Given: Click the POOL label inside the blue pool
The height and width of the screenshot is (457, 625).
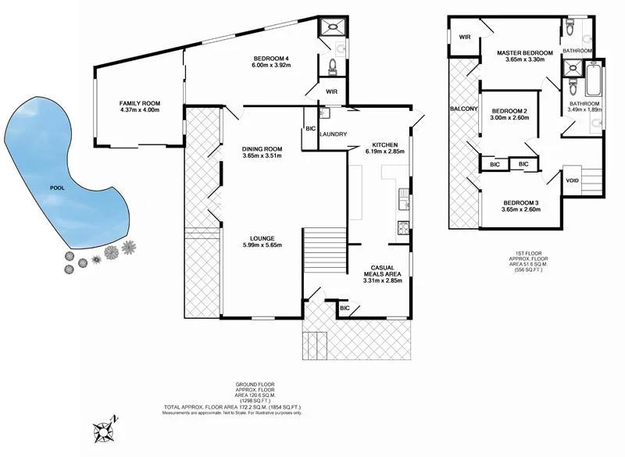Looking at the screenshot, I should click(56, 188).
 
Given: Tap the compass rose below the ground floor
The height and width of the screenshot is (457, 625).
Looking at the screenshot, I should click(104, 429).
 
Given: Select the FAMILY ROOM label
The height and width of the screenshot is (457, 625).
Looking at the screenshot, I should click(139, 107).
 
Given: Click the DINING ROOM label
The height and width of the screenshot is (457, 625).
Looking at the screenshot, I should click(262, 149).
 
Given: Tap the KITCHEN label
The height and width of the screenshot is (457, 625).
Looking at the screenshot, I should click(385, 145).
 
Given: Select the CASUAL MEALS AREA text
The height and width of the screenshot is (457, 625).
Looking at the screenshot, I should click(383, 270).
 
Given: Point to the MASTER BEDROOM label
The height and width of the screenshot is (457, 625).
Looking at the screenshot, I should click(525, 53).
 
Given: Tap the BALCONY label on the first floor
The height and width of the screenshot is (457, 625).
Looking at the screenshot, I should click(463, 109).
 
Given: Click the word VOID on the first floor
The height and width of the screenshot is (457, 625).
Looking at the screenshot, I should click(573, 180).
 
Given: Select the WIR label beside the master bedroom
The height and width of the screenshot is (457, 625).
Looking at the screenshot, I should click(464, 37).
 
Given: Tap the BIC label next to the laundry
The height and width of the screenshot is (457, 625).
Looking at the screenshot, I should click(309, 129).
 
